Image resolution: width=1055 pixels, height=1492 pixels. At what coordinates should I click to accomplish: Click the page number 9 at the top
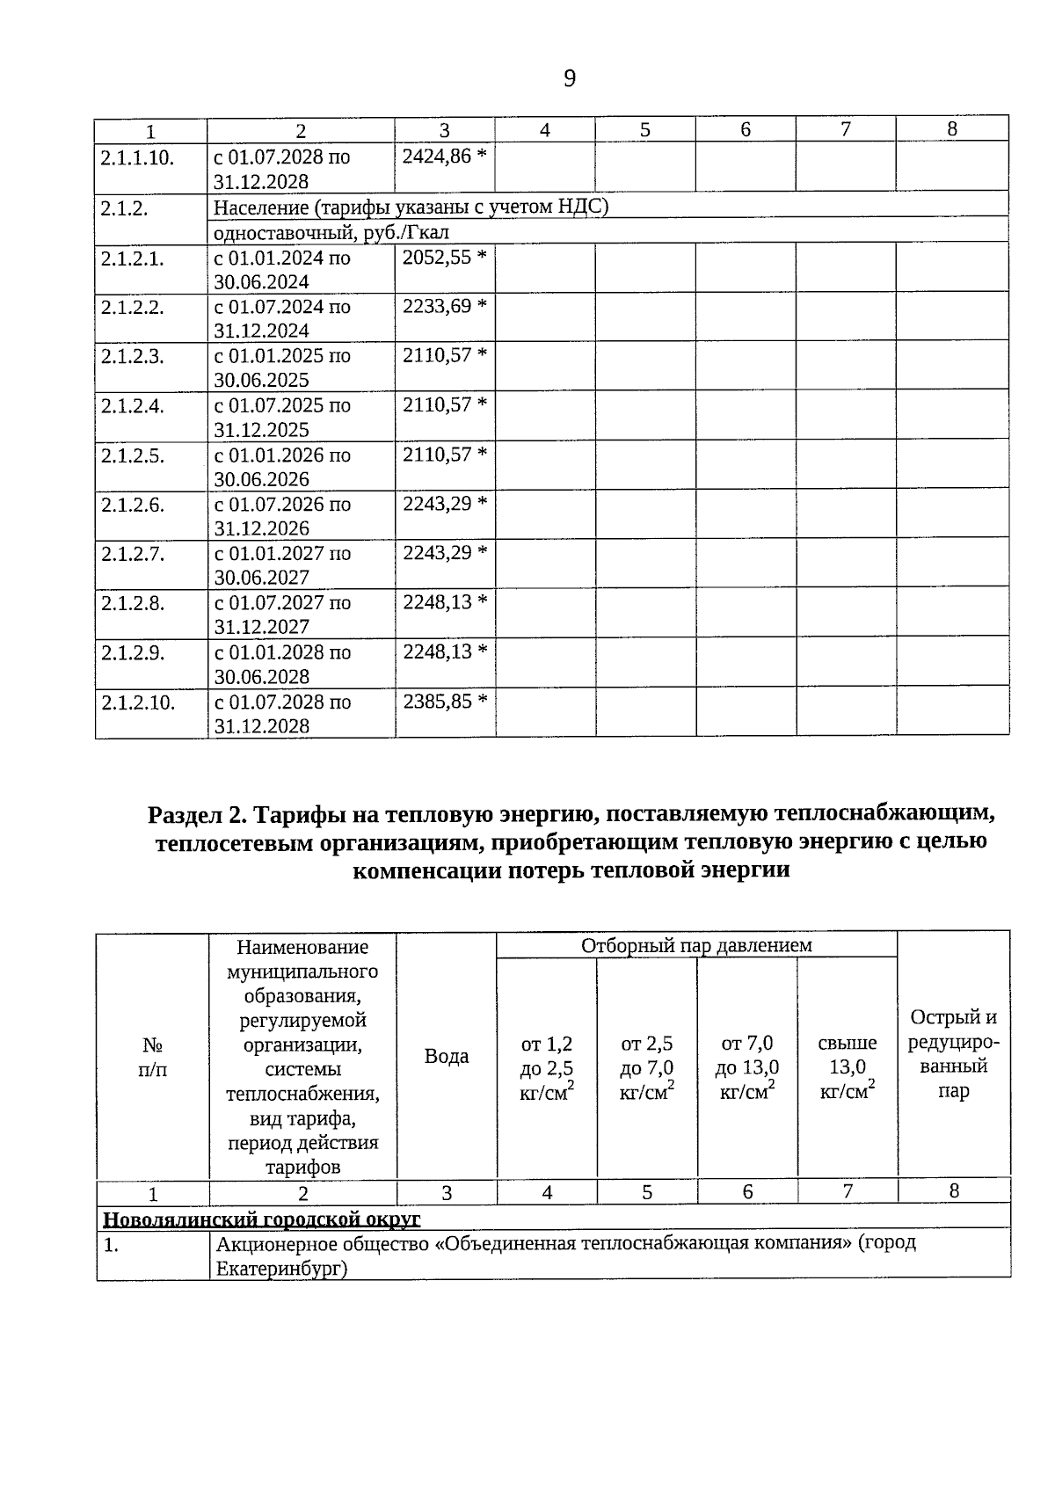569,79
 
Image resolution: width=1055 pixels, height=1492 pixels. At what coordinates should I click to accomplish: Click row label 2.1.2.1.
133,258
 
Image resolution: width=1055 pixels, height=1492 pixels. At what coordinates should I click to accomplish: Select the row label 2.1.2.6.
133,505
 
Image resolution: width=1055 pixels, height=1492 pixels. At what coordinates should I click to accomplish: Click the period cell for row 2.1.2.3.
281,368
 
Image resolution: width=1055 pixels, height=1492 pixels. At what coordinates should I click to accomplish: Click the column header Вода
447,1056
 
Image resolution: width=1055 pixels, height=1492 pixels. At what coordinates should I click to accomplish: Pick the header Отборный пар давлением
696,945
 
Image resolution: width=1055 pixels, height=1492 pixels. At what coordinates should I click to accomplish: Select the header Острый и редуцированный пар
954,1054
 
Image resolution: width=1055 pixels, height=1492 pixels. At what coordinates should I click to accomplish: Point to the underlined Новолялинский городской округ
262,1219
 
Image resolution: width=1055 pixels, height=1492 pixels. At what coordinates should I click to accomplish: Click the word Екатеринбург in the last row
277,1269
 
